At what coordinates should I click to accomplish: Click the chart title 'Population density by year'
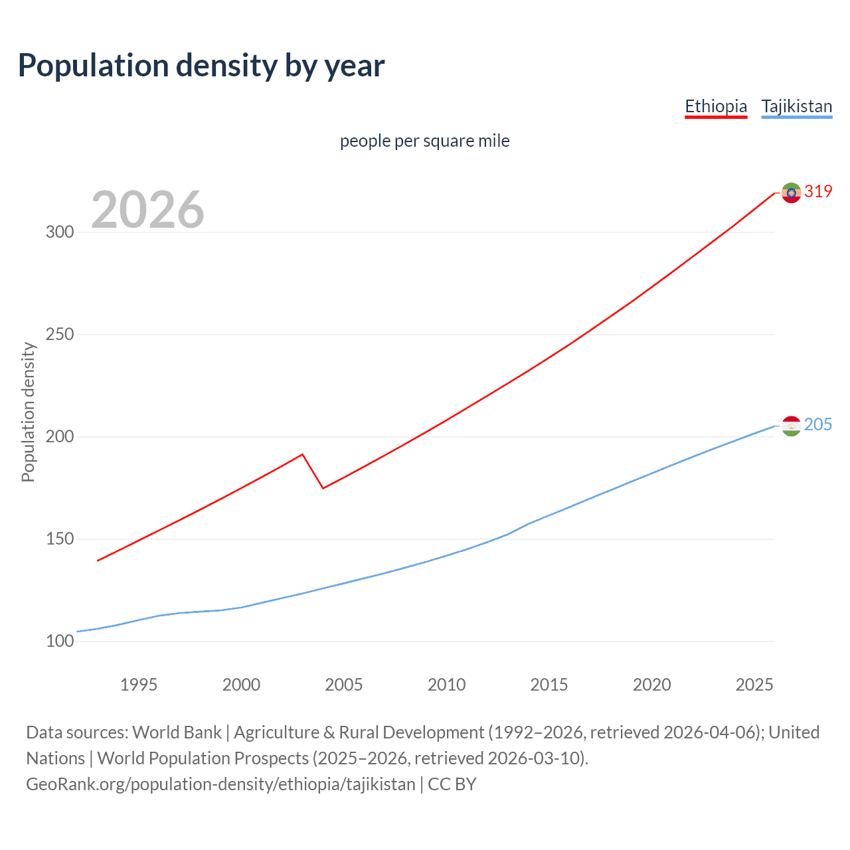click(x=201, y=66)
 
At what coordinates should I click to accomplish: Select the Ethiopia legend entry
click(x=716, y=106)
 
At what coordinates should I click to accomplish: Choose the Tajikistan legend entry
click(x=796, y=106)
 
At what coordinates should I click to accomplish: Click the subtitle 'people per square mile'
click(x=424, y=141)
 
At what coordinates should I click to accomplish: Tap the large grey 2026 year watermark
click(x=147, y=210)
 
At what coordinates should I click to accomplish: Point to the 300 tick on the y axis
click(x=59, y=232)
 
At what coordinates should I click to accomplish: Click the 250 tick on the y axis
click(x=59, y=335)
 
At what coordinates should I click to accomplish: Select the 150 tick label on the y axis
click(x=59, y=539)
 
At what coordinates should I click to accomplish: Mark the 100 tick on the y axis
click(x=59, y=641)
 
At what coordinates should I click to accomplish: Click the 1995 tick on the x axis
click(x=139, y=685)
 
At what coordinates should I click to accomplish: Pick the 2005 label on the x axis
click(x=344, y=685)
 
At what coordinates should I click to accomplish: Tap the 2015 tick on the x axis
click(x=549, y=685)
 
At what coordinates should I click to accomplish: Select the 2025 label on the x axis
click(x=754, y=685)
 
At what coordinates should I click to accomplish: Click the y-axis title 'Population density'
click(x=28, y=412)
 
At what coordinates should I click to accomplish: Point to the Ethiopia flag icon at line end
click(x=791, y=193)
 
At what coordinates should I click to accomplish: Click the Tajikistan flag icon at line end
click(x=791, y=426)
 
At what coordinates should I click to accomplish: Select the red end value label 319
click(x=818, y=192)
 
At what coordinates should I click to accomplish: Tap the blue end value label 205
click(x=818, y=425)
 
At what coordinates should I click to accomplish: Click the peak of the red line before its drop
click(x=303, y=454)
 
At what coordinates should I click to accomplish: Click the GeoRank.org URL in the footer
click(x=220, y=784)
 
